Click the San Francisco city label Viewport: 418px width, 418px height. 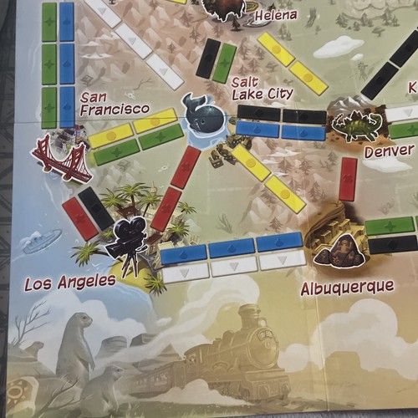(114, 102)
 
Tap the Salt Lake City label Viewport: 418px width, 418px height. (262, 88)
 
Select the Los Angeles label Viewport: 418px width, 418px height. (70, 283)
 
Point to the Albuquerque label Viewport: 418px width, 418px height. (347, 287)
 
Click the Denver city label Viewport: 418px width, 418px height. (389, 151)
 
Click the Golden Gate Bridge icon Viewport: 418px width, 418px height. (61, 159)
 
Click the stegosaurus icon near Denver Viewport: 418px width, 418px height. (355, 125)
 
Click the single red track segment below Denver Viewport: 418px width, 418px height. (348, 179)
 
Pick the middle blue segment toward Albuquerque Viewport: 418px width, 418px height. (232, 248)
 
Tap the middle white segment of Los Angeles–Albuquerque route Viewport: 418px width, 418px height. (234, 266)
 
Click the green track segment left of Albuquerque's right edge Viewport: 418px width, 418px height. (389, 225)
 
